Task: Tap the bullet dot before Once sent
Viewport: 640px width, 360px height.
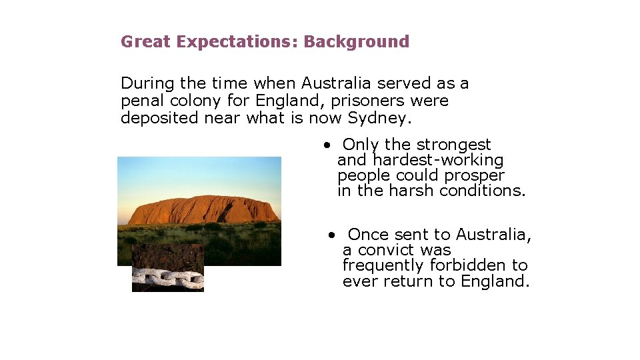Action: tap(331, 235)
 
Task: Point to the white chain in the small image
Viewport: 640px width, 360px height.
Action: tap(167, 278)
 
